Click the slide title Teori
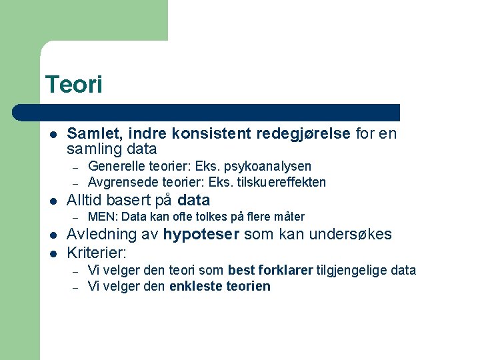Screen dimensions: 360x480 (73, 85)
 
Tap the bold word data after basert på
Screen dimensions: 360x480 (194, 200)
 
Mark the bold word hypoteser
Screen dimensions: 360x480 (201, 235)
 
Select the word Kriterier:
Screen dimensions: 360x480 (97, 253)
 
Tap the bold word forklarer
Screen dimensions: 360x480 (286, 270)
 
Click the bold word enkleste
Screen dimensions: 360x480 (193, 287)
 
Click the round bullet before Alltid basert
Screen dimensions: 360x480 (53, 201)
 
